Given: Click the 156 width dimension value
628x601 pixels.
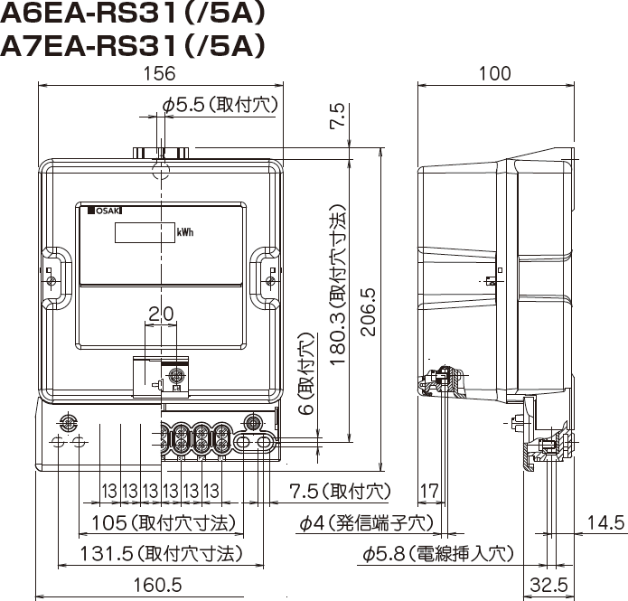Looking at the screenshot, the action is coord(159,73).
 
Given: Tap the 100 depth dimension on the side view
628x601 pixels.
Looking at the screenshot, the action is coord(495,73).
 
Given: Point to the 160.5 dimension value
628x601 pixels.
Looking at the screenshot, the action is coord(157,585).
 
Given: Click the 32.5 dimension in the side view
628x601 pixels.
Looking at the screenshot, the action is coord(549,585).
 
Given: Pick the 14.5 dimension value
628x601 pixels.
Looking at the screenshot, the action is coord(605,522).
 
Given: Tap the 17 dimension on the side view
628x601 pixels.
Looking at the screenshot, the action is coord(429,491).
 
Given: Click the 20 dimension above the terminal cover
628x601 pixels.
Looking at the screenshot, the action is coord(161,315).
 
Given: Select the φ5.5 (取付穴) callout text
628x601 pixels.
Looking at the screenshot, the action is coord(220,105).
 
